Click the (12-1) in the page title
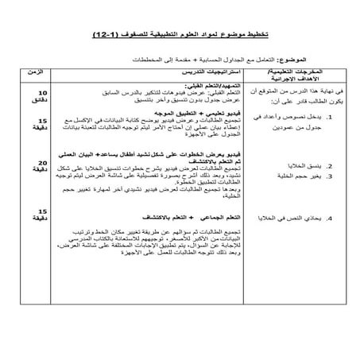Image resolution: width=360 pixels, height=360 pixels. click(105, 36)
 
